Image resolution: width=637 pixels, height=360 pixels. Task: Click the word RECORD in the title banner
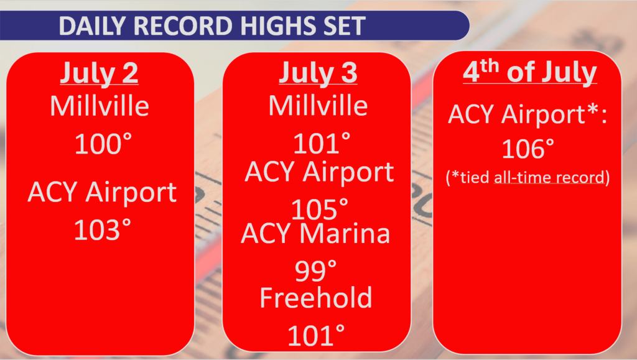tap(184, 26)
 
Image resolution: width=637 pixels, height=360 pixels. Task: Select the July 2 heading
tap(99, 73)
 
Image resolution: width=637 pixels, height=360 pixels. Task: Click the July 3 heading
tap(318, 73)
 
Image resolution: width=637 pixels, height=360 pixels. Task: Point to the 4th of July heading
tap(530, 72)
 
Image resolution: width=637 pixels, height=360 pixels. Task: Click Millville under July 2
tap(100, 106)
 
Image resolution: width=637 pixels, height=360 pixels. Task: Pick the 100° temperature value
tap(103, 144)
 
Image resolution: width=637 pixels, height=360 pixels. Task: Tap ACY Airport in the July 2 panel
tap(102, 192)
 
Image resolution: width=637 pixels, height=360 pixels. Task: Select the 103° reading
tap(103, 229)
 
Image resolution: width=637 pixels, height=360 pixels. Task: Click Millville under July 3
tap(318, 106)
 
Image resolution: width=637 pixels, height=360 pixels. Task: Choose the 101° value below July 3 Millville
tap(322, 143)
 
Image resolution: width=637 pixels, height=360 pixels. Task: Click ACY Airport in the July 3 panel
tap(319, 172)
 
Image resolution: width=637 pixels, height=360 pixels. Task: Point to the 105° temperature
tap(320, 209)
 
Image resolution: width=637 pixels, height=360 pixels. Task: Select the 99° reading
tap(315, 270)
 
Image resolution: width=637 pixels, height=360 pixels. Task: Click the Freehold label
tap(315, 297)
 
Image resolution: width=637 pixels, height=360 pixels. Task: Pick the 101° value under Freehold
tap(316, 335)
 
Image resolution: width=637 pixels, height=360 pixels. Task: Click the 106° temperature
tap(528, 149)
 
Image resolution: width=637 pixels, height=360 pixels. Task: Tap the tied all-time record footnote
tap(528, 177)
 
